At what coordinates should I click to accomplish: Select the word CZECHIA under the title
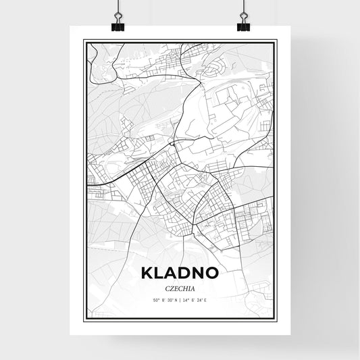(x=180, y=286)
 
